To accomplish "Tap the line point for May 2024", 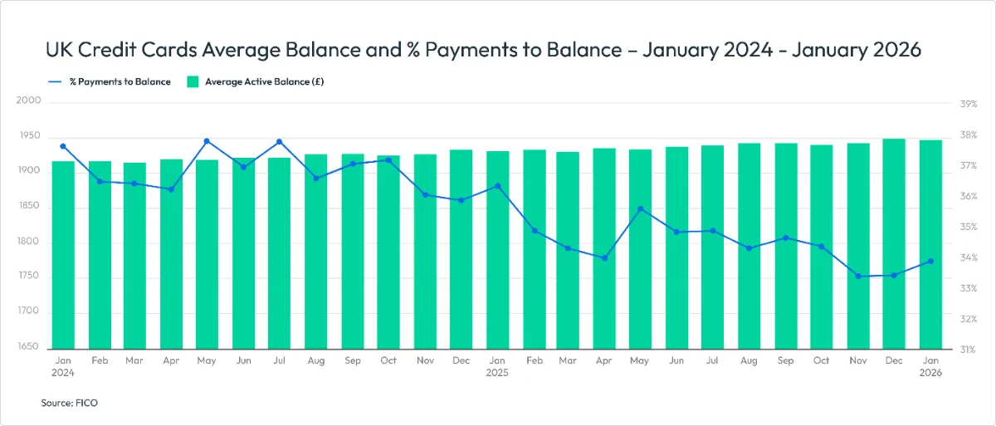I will [x=207, y=141].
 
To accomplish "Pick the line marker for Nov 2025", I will [x=858, y=276].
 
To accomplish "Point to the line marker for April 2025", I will [x=604, y=258].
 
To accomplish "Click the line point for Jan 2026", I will [x=930, y=262].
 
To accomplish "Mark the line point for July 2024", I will [x=280, y=141].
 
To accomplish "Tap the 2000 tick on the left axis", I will [x=28, y=100].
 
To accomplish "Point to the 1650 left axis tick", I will [x=28, y=346].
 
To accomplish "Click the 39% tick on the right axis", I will [x=969, y=104].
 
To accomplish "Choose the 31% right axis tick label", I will [x=969, y=350].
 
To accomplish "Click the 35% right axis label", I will [x=969, y=227].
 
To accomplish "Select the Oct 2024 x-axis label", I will [x=388, y=361].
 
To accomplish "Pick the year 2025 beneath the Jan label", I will [x=497, y=374].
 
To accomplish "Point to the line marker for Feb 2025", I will [x=535, y=231].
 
